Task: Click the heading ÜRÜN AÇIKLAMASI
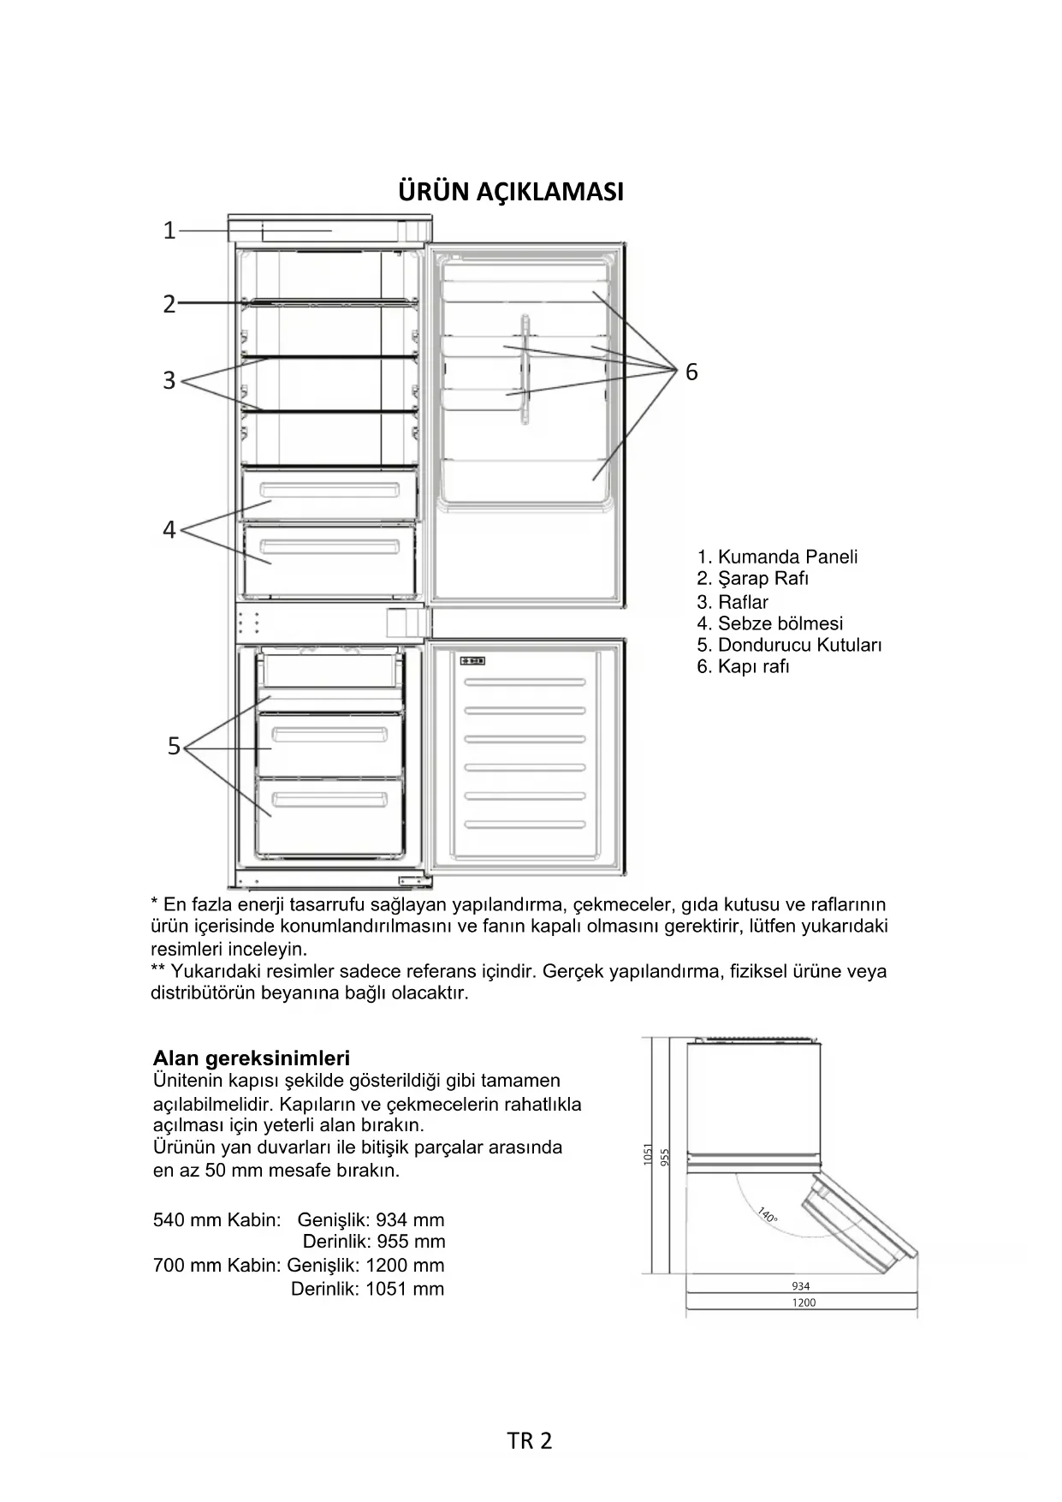click(511, 192)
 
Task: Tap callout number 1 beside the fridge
click(169, 230)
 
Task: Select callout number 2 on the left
click(169, 304)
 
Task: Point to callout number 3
click(169, 380)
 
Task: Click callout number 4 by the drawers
click(169, 530)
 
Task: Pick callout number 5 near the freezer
click(174, 747)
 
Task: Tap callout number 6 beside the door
click(691, 372)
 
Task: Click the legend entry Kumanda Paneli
click(777, 557)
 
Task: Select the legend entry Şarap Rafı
click(752, 578)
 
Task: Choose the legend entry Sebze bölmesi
click(769, 623)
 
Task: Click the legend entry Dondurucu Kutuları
click(788, 645)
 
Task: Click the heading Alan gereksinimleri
click(251, 1058)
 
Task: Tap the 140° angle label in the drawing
click(767, 1215)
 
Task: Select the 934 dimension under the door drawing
click(800, 1285)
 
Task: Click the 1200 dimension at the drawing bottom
click(804, 1302)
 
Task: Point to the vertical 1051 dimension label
click(648, 1153)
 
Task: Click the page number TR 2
click(530, 1440)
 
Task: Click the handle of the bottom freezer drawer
click(329, 801)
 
